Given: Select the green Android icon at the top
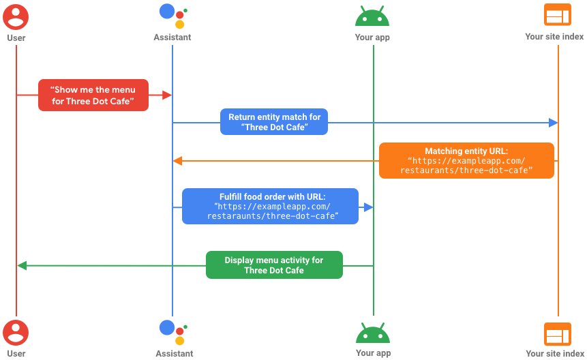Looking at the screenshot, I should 373,15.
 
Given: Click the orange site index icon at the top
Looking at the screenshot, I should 558,15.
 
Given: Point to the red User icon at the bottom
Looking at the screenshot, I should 16,333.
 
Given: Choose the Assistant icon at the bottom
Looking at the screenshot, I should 172,332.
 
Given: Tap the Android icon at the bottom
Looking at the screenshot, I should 373,333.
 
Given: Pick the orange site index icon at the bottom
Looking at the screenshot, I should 558,334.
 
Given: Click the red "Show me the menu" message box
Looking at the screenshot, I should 93,95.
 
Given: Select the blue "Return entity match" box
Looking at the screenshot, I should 274,122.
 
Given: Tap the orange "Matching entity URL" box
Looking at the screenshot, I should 466,160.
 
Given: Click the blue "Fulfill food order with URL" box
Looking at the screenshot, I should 270,207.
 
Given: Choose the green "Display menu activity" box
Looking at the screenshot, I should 274,265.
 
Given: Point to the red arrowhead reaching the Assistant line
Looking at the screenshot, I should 167,95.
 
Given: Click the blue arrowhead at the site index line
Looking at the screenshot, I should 553,122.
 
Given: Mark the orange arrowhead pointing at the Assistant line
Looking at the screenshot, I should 177,161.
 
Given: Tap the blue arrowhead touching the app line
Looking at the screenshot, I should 368,207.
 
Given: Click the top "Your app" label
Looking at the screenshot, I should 373,37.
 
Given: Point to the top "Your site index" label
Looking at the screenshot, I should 554,37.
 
